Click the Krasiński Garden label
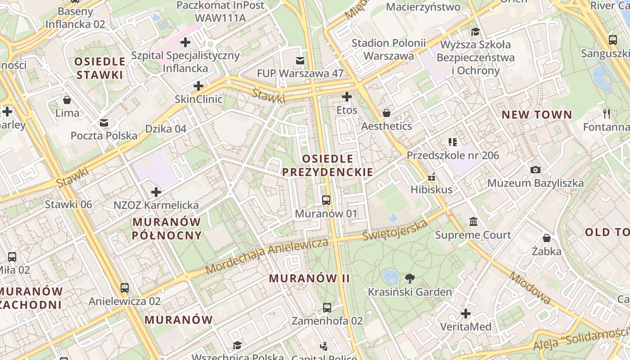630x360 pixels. pyautogui.click(x=410, y=292)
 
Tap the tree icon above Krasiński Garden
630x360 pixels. pyautogui.click(x=410, y=278)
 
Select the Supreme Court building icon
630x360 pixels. pyautogui.click(x=473, y=221)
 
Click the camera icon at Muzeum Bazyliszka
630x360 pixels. pyautogui.click(x=535, y=170)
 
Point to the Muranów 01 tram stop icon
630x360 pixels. pyautogui.click(x=326, y=200)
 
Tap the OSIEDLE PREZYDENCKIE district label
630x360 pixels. pyautogui.click(x=328, y=165)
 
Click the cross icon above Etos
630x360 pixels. pyautogui.click(x=346, y=97)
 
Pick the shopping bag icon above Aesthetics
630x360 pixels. pyautogui.click(x=387, y=113)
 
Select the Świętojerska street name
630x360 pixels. pyautogui.click(x=395, y=230)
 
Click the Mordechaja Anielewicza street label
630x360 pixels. pyautogui.click(x=267, y=256)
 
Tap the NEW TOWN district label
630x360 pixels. pyautogui.click(x=537, y=115)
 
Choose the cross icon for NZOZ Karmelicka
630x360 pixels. pyautogui.click(x=156, y=192)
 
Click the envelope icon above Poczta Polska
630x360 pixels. pyautogui.click(x=104, y=123)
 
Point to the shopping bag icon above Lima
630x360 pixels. pyautogui.click(x=67, y=100)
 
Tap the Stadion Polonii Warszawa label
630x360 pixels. pyautogui.click(x=389, y=49)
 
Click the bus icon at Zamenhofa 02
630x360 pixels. pyautogui.click(x=327, y=308)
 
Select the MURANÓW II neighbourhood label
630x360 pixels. pyautogui.click(x=309, y=278)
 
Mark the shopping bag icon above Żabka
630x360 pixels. pyautogui.click(x=547, y=238)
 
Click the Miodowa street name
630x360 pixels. pyautogui.click(x=530, y=287)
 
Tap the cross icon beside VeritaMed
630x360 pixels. pyautogui.click(x=466, y=313)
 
